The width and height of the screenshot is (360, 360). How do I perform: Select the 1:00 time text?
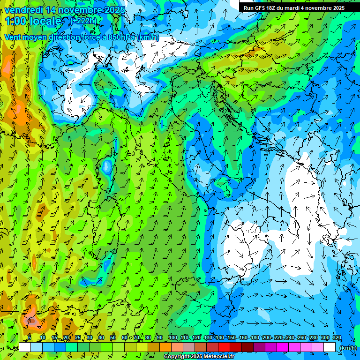[x=16, y=21]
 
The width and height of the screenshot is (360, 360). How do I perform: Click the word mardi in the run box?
[x=297, y=7]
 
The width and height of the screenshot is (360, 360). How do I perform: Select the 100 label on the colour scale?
[x=173, y=337]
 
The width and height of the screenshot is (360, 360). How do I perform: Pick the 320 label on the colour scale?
[x=337, y=337]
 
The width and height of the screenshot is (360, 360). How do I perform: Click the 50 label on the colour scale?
[x=113, y=337]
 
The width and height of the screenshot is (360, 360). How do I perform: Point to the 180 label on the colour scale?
[x=255, y=337]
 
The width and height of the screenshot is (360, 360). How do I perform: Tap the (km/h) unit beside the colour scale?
[x=348, y=348]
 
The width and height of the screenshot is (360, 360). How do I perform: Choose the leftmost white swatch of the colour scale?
[x=25, y=347]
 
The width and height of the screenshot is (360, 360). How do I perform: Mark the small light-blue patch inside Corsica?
[x=107, y=166]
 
